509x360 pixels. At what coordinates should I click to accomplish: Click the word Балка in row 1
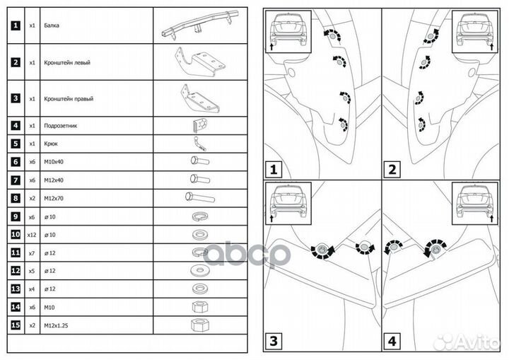coord(52,25)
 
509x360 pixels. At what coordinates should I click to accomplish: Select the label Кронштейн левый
coord(67,62)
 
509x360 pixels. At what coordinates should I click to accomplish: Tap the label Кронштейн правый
coord(68,99)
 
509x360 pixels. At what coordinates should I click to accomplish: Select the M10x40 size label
coord(54,161)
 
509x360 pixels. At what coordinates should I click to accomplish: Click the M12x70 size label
coord(54,197)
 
